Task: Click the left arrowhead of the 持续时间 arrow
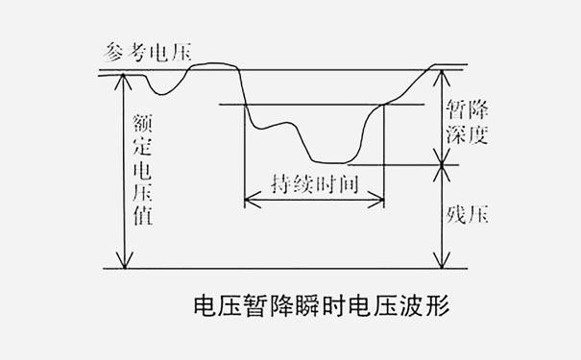point(249,201)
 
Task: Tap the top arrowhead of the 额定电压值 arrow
point(120,78)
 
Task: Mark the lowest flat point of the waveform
point(331,162)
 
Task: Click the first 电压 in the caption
point(217,309)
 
